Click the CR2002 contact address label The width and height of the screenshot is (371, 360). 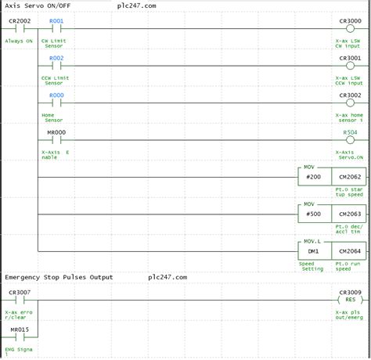pyautogui.click(x=20, y=21)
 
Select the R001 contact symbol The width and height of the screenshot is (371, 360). pyautogui.click(x=56, y=29)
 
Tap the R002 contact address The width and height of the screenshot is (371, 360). pyautogui.click(x=56, y=58)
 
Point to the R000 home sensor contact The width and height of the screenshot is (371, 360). pyautogui.click(x=56, y=103)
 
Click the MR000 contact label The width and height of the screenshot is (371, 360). pyautogui.click(x=56, y=132)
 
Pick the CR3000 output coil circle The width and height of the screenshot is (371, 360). pyautogui.click(x=350, y=29)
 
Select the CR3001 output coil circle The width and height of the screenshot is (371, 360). pyautogui.click(x=350, y=66)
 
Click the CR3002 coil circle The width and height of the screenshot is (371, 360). pyautogui.click(x=350, y=103)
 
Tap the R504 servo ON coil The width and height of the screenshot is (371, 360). pyautogui.click(x=350, y=140)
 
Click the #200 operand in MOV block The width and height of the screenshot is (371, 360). pyautogui.click(x=314, y=177)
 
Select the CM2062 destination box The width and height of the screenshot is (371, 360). pyautogui.click(x=349, y=177)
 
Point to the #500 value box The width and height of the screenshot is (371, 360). pyautogui.click(x=315, y=214)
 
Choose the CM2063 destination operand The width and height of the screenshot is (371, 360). pyautogui.click(x=350, y=214)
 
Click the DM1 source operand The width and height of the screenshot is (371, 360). pyautogui.click(x=313, y=251)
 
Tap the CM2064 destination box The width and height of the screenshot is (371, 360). pyautogui.click(x=349, y=251)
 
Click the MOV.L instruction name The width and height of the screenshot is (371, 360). pyautogui.click(x=312, y=242)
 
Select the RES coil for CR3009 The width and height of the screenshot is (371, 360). pyautogui.click(x=350, y=300)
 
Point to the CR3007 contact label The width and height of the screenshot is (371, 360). pyautogui.click(x=20, y=293)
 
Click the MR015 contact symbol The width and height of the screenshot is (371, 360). pyautogui.click(x=20, y=337)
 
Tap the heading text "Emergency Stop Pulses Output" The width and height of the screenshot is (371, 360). pyautogui.click(x=59, y=277)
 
